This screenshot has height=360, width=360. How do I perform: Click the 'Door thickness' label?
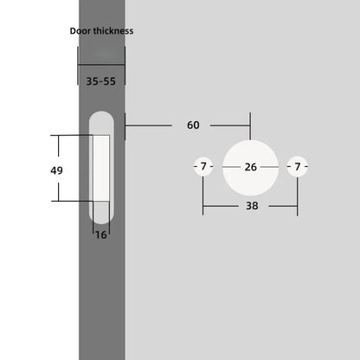[x=101, y=31]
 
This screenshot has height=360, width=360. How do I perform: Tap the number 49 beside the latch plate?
[x=33, y=170]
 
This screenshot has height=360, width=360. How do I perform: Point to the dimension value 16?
[x=102, y=234]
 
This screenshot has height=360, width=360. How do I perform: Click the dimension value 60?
[x=193, y=125]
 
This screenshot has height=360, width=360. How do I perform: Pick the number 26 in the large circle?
[x=251, y=166]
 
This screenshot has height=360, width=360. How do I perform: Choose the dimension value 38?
[x=252, y=206]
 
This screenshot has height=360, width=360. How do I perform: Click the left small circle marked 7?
[x=202, y=166]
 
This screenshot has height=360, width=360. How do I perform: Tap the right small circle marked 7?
[x=299, y=166]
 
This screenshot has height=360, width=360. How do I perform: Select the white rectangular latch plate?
[x=102, y=168]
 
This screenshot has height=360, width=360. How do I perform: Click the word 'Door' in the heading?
[x=82, y=31]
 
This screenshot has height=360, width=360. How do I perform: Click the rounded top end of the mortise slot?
[x=102, y=119]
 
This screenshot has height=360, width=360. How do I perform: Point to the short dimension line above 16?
[x=102, y=224]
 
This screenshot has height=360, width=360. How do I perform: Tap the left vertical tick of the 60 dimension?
[x=126, y=125]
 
